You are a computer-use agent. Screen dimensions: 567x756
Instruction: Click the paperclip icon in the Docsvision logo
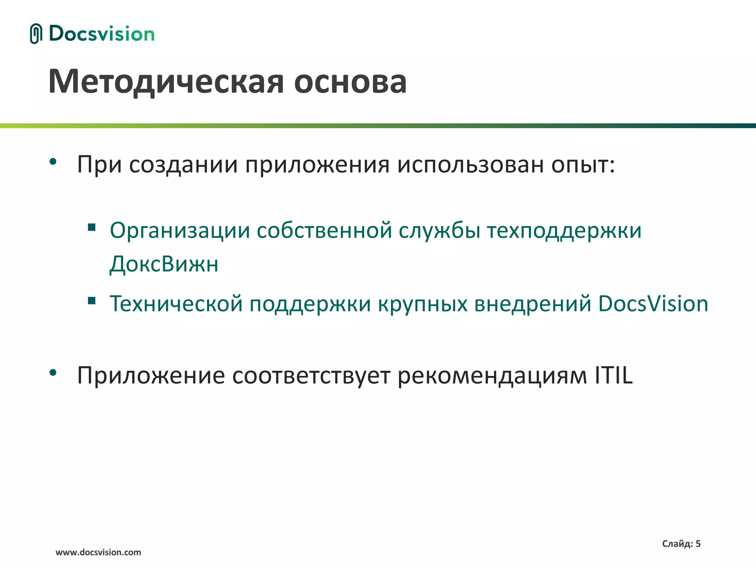pyautogui.click(x=36, y=34)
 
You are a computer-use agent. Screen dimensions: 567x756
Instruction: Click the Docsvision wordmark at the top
pyautogui.click(x=102, y=34)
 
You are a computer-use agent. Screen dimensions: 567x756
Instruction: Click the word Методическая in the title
pyautogui.click(x=166, y=82)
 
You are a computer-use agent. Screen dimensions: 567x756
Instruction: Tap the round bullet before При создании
pyautogui.click(x=53, y=161)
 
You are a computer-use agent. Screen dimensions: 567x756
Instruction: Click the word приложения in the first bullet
pyautogui.click(x=317, y=165)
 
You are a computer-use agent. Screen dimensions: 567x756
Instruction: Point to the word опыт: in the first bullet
pyautogui.click(x=583, y=165)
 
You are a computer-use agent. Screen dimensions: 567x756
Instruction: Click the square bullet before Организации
pyautogui.click(x=92, y=227)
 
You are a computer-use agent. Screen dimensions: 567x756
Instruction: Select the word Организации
pyautogui.click(x=180, y=231)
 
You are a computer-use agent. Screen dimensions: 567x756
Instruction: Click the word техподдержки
pyautogui.click(x=564, y=231)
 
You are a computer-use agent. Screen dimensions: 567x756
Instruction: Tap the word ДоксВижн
pyautogui.click(x=164, y=264)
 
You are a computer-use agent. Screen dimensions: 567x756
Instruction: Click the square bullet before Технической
pyautogui.click(x=92, y=300)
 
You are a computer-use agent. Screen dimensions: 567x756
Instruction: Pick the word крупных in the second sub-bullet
pyautogui.click(x=423, y=304)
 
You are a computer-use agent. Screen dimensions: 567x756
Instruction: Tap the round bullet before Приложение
pyautogui.click(x=53, y=373)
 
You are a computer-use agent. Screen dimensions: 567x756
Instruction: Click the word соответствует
pyautogui.click(x=311, y=376)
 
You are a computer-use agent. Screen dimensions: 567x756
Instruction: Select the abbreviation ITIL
pyautogui.click(x=614, y=375)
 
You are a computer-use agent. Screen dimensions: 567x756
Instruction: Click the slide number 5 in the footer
pyautogui.click(x=698, y=543)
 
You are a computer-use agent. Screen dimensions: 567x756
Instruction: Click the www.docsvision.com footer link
pyautogui.click(x=98, y=552)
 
